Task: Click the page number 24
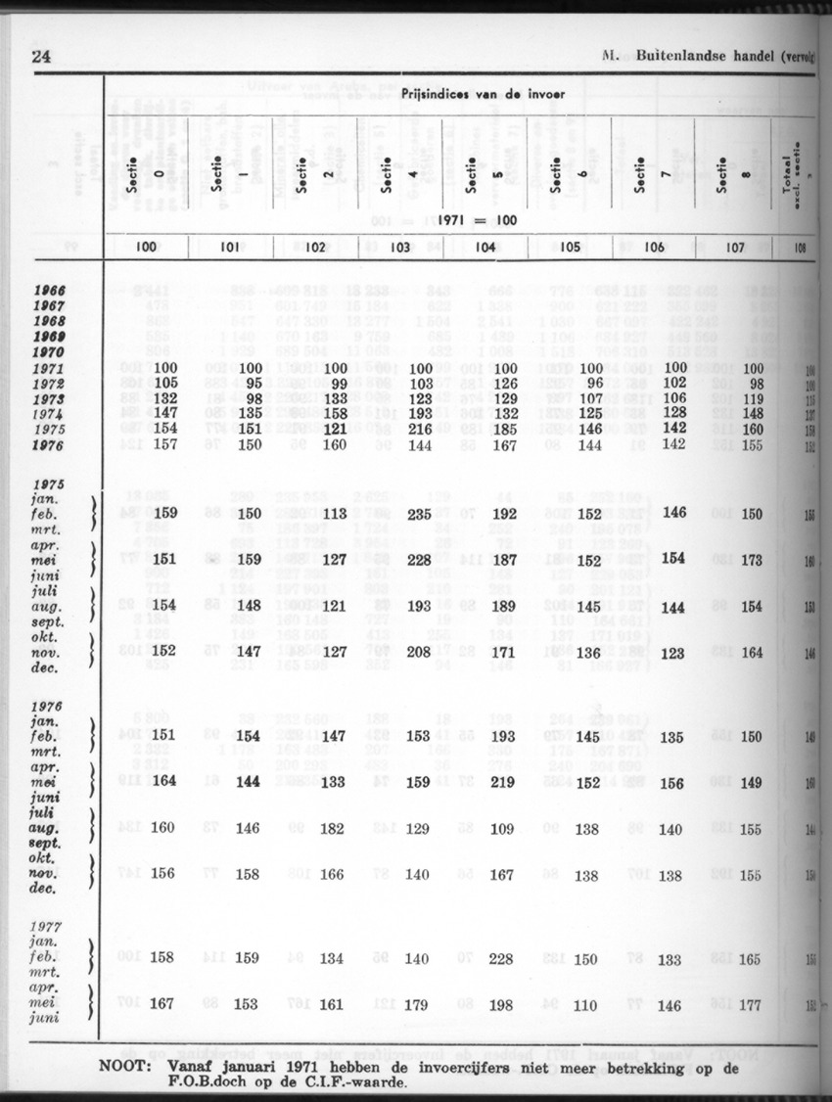[41, 57]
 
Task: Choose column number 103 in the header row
[399, 248]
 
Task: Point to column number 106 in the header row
[655, 248]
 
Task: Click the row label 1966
[48, 292]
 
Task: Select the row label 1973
[48, 401]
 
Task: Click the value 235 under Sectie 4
[419, 514]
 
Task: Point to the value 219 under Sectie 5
[501, 782]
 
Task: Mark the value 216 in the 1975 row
[419, 430]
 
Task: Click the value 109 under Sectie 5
[501, 828]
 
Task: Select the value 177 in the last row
[749, 1003]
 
